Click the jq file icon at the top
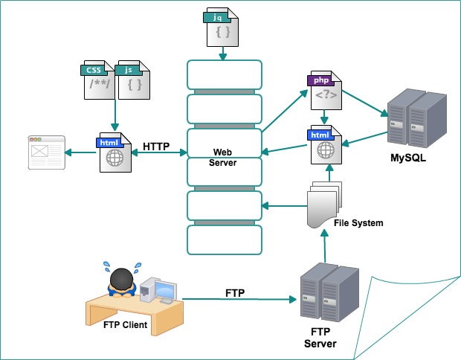pyautogui.click(x=221, y=28)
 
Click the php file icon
pyautogui.click(x=325, y=90)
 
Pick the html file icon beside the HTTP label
pyautogui.click(x=115, y=152)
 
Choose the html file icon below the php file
pyautogui.click(x=325, y=144)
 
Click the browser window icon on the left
pyautogui.click(x=46, y=152)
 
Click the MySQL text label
pyautogui.click(x=408, y=158)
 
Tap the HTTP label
pyautogui.click(x=158, y=146)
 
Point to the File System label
pyautogui.click(x=358, y=222)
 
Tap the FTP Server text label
pyautogui.click(x=320, y=338)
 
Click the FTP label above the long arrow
pyautogui.click(x=235, y=292)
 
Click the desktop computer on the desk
pyautogui.click(x=160, y=290)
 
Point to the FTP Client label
pyautogui.click(x=125, y=325)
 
